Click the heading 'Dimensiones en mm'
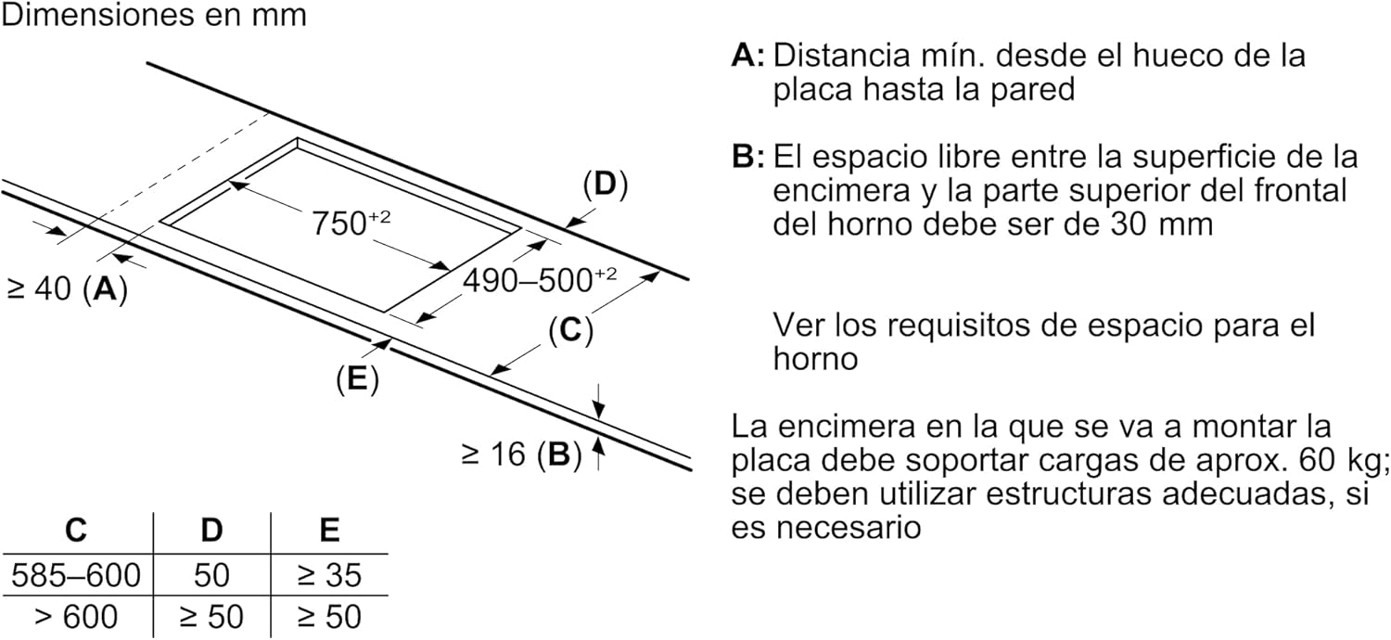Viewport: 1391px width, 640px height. click(x=153, y=17)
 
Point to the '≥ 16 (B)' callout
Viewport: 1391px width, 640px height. click(x=520, y=454)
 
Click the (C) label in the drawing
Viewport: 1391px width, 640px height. click(x=570, y=330)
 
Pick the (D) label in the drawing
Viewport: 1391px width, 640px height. click(x=605, y=185)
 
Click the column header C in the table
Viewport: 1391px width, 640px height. click(x=76, y=531)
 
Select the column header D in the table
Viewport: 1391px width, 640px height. click(x=211, y=531)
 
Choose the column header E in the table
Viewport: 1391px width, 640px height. click(x=329, y=531)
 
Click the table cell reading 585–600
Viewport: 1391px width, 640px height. click(x=76, y=576)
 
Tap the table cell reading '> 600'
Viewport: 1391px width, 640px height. click(x=76, y=617)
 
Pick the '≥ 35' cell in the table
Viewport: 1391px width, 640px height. click(x=329, y=576)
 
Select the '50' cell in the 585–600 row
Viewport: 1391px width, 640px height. click(x=211, y=576)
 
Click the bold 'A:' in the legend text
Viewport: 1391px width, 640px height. click(x=747, y=56)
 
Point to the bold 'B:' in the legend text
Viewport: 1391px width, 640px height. click(x=747, y=156)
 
